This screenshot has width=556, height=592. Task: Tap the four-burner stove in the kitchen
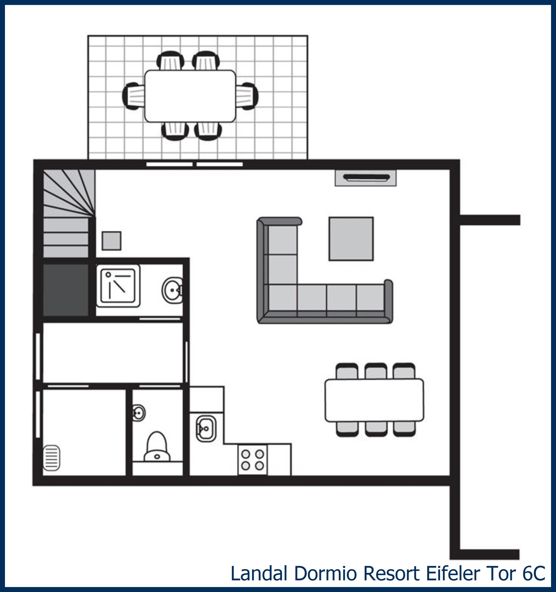pos(253,460)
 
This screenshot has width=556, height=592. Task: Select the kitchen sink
pos(206,429)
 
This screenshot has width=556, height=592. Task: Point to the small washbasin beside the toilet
pos(138,413)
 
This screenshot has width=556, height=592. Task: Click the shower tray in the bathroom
pos(118,285)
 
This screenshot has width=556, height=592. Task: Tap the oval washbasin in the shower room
pos(173,290)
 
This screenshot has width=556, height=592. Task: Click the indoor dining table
pos(374,400)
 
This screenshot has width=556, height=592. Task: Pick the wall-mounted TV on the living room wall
pos(366,178)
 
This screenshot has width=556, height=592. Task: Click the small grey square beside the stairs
pos(111,241)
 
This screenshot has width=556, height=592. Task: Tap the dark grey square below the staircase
pos(66,290)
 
